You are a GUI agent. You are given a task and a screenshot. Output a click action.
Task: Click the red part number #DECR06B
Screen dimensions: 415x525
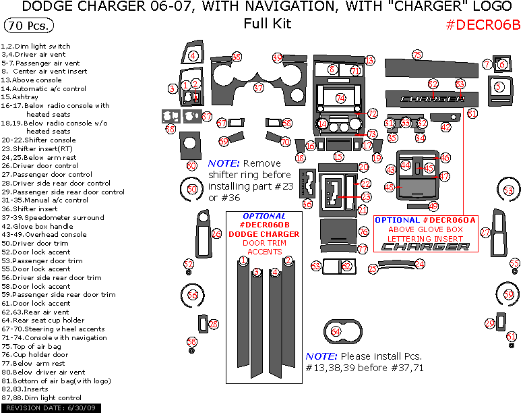point(483,25)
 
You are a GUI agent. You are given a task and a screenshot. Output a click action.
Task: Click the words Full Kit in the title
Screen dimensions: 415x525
point(268,24)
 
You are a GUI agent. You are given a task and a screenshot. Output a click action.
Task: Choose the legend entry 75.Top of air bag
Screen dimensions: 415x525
point(41,346)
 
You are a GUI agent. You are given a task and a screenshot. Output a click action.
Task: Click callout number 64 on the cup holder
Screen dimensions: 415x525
point(336,331)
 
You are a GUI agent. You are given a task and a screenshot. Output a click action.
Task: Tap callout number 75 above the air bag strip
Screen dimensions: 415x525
point(416,55)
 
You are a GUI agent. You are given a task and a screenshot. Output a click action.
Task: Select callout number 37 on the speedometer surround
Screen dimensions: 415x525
point(258,88)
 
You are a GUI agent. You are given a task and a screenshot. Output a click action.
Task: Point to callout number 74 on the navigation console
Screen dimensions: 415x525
point(340,99)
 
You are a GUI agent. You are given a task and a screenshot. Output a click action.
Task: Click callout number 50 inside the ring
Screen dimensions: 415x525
point(193,190)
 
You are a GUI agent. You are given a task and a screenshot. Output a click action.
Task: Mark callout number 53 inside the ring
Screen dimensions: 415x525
point(508,190)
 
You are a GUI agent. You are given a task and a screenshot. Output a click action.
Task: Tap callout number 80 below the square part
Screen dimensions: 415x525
point(192,165)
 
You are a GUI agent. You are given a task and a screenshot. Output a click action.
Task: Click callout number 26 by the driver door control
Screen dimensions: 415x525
point(216,234)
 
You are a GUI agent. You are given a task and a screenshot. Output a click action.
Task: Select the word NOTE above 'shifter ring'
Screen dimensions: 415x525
point(224,163)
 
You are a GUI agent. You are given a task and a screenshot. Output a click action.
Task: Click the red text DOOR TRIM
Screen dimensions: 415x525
point(264,242)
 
